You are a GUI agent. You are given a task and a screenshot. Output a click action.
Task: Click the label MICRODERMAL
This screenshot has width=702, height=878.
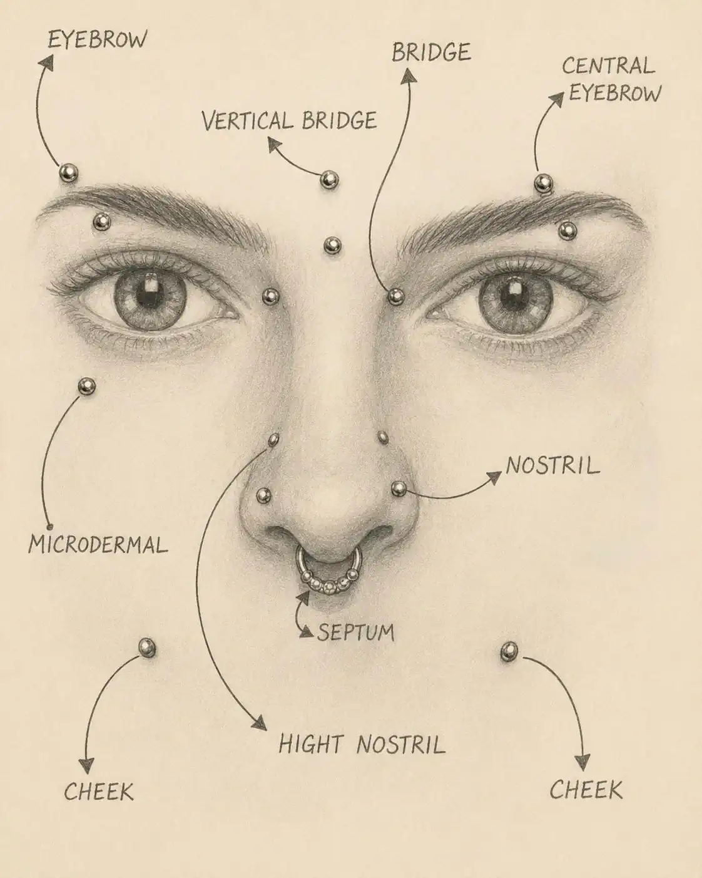click(x=98, y=545)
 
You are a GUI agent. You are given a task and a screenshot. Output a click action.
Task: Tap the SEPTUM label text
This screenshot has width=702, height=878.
click(x=355, y=633)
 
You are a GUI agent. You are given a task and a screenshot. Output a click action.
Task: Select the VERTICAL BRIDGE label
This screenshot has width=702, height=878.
click(x=289, y=120)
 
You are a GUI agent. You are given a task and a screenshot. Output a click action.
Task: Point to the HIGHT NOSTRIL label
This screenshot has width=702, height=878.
click(x=362, y=743)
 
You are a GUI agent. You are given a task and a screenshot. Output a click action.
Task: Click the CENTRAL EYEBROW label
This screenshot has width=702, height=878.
click(x=611, y=79)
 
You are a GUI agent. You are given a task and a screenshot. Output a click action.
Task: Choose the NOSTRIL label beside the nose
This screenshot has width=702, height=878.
click(x=553, y=465)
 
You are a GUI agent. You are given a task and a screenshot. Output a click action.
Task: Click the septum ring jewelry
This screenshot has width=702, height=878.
click(x=328, y=571)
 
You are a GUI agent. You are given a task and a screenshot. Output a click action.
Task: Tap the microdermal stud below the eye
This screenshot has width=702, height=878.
click(x=86, y=386)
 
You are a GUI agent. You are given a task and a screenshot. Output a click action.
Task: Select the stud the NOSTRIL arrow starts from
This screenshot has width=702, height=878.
click(x=399, y=488)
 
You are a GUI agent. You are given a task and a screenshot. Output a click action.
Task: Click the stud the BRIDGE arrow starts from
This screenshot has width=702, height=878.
click(x=395, y=296)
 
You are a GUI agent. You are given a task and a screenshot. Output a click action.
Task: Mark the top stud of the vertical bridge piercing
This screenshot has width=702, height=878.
click(x=329, y=180)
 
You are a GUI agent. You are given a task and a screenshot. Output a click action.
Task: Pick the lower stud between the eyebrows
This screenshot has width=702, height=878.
click(x=333, y=245)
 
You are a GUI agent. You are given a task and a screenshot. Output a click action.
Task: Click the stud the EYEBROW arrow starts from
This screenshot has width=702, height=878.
click(x=68, y=173)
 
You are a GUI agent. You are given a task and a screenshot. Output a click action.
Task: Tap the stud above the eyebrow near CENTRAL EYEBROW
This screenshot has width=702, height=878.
click(x=544, y=183)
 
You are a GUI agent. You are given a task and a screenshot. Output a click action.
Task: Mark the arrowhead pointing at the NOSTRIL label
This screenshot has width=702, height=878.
click(x=494, y=477)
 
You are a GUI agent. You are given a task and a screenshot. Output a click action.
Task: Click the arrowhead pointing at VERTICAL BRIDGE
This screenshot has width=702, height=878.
click(x=275, y=145)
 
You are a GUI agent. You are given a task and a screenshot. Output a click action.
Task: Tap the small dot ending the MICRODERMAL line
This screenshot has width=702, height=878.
click(x=49, y=526)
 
